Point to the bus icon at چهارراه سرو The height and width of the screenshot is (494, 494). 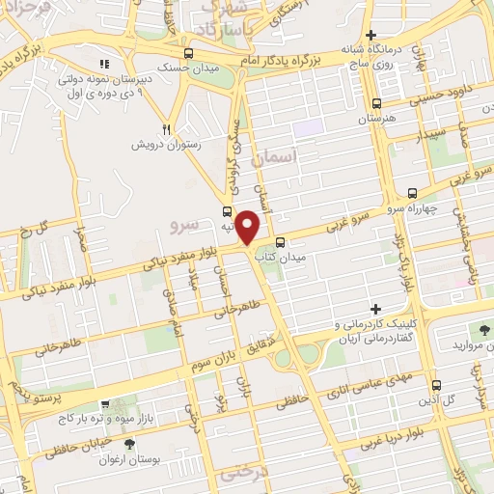point(414,192)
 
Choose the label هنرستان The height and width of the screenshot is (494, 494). point(378,118)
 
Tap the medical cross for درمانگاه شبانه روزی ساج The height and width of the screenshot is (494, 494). point(370,35)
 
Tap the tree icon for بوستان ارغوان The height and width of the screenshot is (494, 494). point(129,443)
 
